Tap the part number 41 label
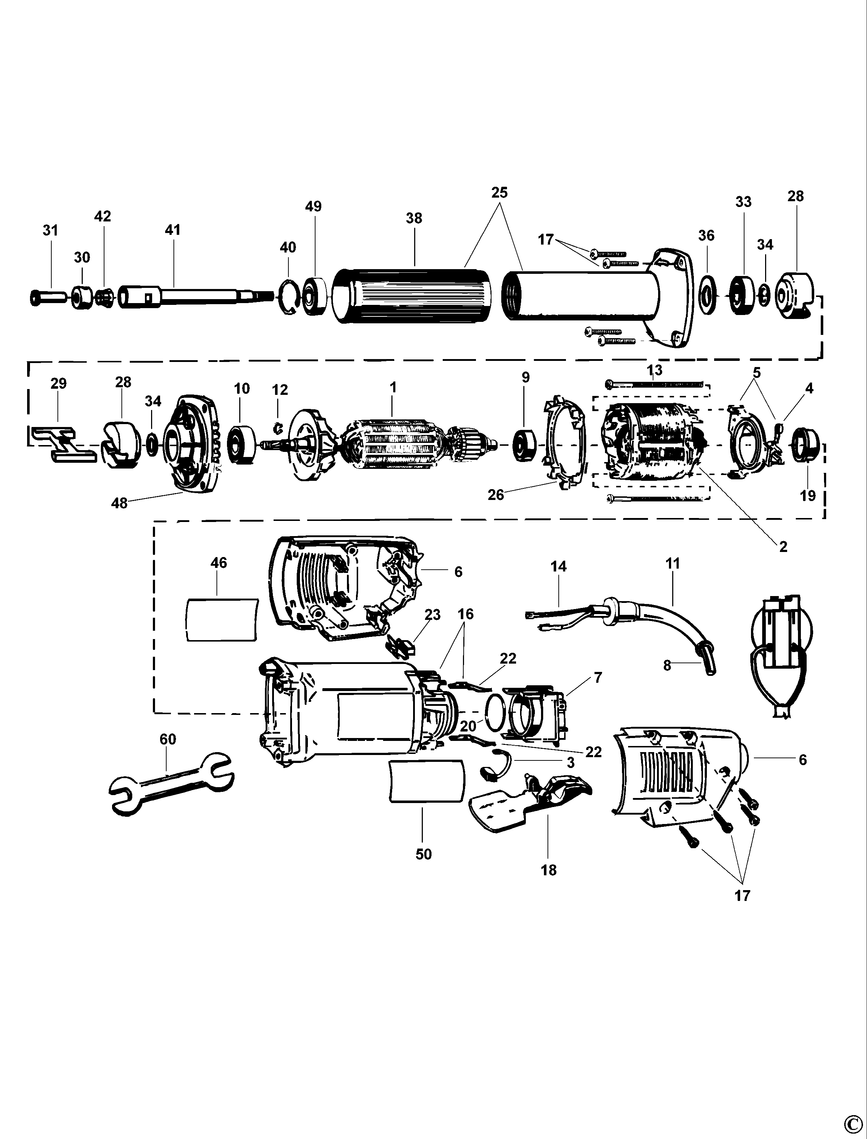173,229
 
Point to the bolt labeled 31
47,298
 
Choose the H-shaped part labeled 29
62,444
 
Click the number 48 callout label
119,503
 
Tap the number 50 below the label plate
423,854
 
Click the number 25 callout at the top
499,193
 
